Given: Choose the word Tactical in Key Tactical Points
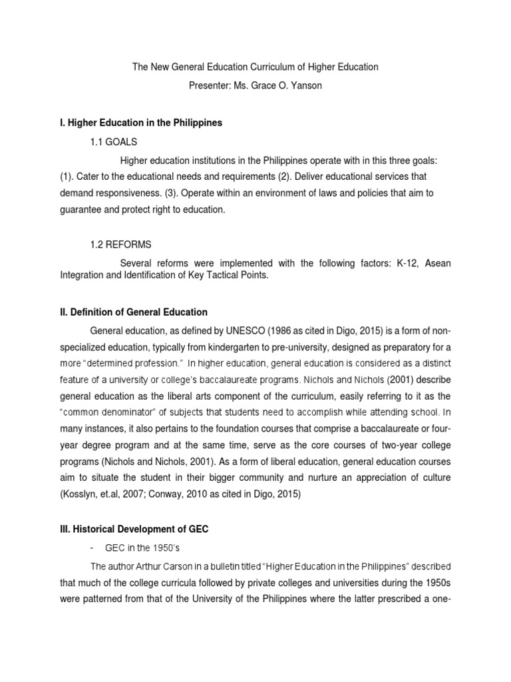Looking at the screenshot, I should pyautogui.click(x=218, y=276).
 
